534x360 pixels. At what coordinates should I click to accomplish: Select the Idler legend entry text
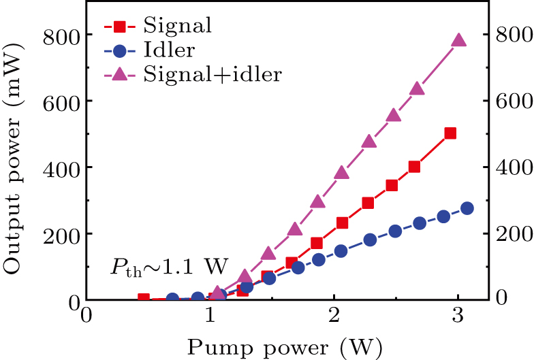170,50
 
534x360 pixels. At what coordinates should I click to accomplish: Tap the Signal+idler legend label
213,75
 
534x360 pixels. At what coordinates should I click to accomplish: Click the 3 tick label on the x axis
457,318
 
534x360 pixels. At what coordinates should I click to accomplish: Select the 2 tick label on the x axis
333,318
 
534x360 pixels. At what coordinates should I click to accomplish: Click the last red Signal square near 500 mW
450,133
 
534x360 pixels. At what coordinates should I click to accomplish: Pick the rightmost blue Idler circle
467,208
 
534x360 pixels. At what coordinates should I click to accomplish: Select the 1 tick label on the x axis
209,318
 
